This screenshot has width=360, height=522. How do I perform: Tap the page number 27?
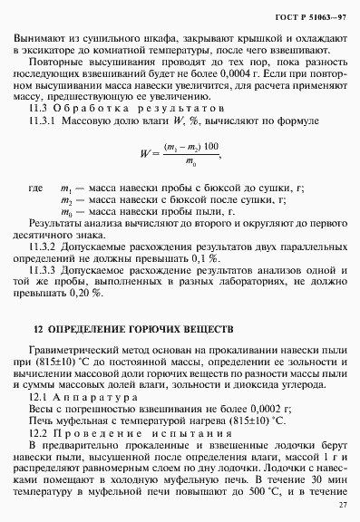[x=342, y=505]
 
